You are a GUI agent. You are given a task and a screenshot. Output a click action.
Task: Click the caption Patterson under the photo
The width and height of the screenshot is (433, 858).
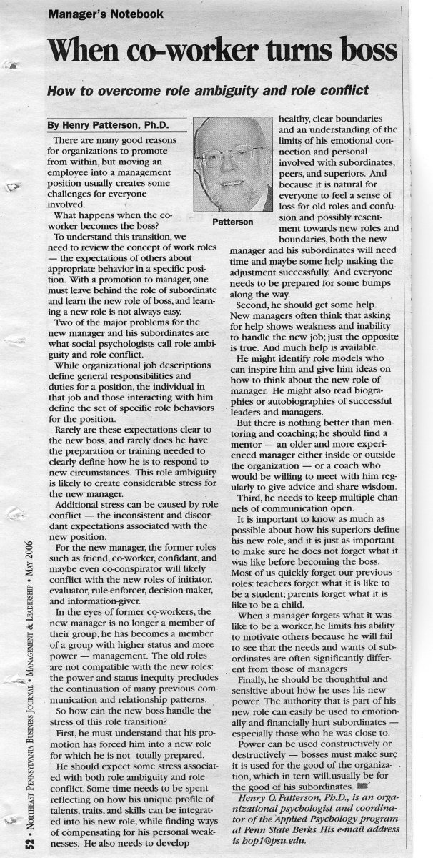pos(232,222)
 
